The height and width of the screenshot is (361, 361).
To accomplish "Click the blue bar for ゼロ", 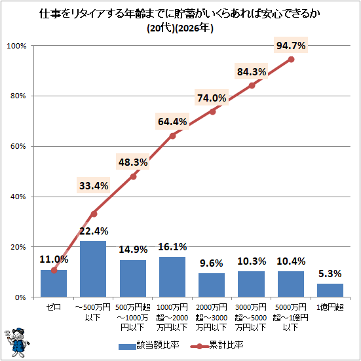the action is [54, 284].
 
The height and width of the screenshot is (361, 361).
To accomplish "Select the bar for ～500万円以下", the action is [93, 269].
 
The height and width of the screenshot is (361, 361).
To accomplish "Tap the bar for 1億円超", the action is [330, 290].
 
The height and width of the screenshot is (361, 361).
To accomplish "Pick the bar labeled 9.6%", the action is [212, 285].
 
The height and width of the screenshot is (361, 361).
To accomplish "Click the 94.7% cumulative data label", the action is [291, 45].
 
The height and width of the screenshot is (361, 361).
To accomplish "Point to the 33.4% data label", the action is [94, 185].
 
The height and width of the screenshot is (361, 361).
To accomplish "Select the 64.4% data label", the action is [172, 121].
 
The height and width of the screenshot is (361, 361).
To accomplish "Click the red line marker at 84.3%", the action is [252, 85].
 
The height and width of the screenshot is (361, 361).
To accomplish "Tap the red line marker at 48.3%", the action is [133, 177].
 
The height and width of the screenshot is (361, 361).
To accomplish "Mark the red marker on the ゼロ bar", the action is [54, 271].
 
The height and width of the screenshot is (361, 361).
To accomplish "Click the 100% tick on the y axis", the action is [16, 46].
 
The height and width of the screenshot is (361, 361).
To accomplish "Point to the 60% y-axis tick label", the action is [18, 146].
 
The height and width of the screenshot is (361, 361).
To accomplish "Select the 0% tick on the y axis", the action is [20, 297].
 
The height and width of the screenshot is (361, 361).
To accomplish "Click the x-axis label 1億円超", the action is [330, 307].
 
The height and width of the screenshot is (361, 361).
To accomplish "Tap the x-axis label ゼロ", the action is [54, 307].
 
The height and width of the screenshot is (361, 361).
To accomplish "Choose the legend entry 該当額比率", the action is [149, 345].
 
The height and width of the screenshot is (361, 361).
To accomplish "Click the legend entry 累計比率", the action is [217, 345].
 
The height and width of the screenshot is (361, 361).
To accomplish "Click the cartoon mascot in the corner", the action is [16, 343].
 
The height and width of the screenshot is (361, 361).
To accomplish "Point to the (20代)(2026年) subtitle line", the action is [180, 28].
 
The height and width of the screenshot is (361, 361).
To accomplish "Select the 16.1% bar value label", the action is [172, 247].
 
